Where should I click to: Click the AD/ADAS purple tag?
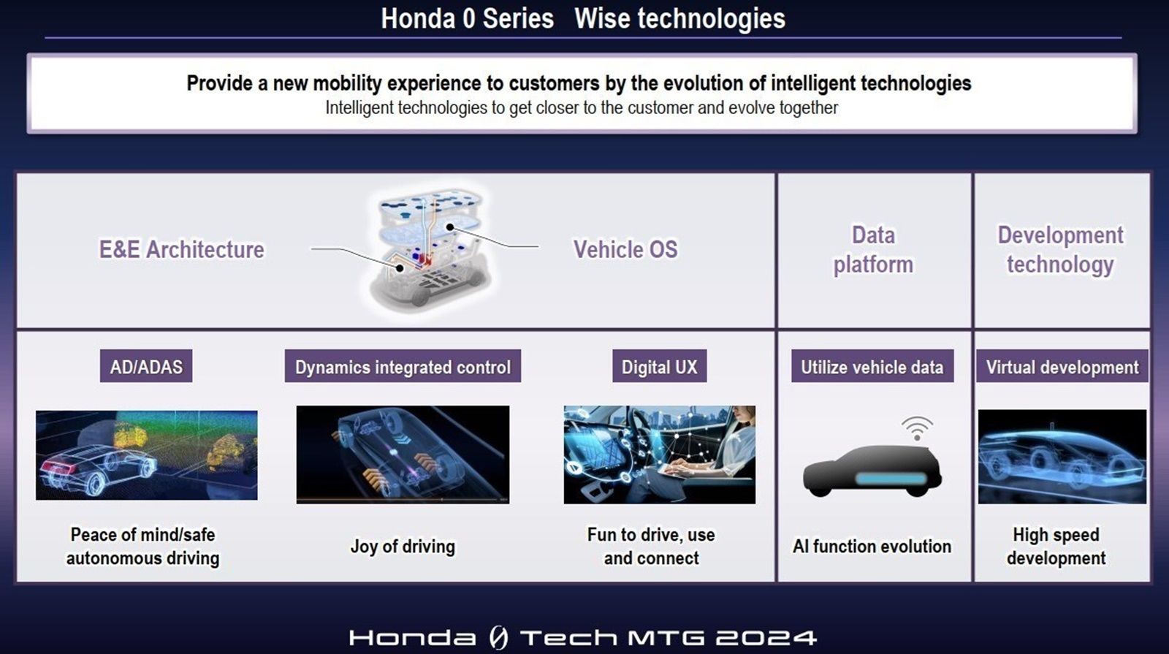tap(146, 366)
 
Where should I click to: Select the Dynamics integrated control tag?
tap(403, 366)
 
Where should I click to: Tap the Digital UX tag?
tap(660, 366)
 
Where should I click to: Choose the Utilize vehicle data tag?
tap(872, 366)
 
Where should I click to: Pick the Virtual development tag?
tap(1062, 366)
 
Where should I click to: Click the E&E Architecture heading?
tap(182, 249)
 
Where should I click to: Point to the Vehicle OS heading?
tap(625, 249)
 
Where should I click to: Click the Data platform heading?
tap(874, 249)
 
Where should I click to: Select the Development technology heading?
tap(1060, 249)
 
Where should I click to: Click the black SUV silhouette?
tap(872, 471)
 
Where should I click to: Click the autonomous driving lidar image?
tap(147, 455)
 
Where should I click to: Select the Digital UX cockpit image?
tap(660, 455)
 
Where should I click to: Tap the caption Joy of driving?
tap(403, 547)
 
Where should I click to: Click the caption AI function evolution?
tap(872, 547)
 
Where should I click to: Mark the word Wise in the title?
tap(601, 18)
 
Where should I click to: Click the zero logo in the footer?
tap(498, 637)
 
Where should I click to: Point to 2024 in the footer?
tap(766, 638)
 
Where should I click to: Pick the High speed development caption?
tap(1056, 547)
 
